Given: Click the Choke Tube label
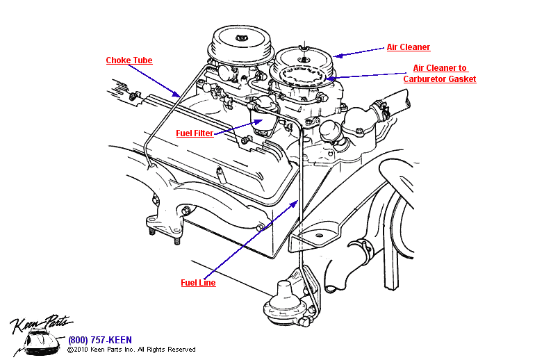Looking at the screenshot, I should pyautogui.click(x=129, y=60).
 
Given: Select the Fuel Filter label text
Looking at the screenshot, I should pyautogui.click(x=194, y=133).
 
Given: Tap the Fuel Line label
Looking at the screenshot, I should pyautogui.click(x=198, y=283).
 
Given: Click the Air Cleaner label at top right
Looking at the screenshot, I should pyautogui.click(x=408, y=47).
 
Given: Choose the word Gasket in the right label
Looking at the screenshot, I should pyautogui.click(x=461, y=79).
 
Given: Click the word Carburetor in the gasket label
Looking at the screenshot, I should pyautogui.click(x=424, y=79).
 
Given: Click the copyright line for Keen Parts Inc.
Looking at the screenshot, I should pyautogui.click(x=131, y=350).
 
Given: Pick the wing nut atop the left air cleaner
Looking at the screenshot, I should pyautogui.click(x=242, y=35).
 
